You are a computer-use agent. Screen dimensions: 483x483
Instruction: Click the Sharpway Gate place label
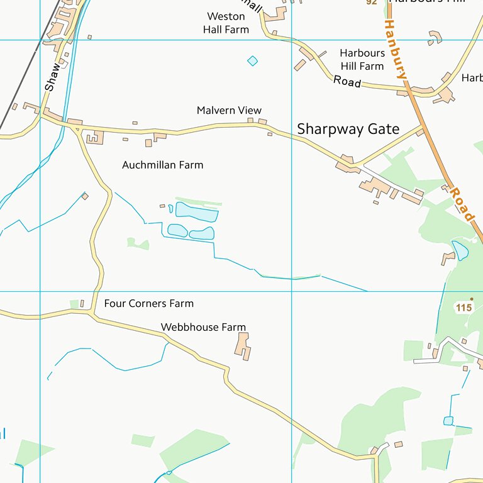pos(348,130)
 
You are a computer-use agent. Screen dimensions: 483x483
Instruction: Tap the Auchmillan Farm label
pos(162,165)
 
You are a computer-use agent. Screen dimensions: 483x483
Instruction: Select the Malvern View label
pos(229,111)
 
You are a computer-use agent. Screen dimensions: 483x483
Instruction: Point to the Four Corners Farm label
pos(148,304)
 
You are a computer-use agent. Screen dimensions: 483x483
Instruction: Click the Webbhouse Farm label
pos(203,328)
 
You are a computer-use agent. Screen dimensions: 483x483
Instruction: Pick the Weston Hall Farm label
pos(226,23)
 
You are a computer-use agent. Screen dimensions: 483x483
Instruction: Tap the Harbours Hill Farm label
pos(362,60)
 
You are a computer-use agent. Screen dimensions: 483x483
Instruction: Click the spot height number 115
pos(464,308)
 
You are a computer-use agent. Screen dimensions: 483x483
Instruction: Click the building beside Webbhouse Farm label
pos(243,346)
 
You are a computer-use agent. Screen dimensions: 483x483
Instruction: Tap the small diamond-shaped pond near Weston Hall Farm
pos(252,61)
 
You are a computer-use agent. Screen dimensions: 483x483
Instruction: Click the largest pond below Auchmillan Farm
pos(196,212)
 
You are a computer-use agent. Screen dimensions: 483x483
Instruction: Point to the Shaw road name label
pos(53,76)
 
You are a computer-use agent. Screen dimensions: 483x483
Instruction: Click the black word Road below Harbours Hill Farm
pos(347,81)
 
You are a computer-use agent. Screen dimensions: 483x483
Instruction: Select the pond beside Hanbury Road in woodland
pos(460,250)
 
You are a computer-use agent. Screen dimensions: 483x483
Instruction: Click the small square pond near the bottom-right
pos(448,421)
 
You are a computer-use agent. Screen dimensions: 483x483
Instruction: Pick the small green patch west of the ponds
pos(138,243)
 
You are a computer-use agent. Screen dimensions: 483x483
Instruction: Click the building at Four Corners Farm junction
pos(82,304)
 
